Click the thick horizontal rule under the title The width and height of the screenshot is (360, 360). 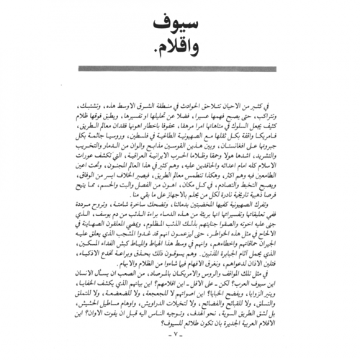pyautogui.click(x=179, y=70)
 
